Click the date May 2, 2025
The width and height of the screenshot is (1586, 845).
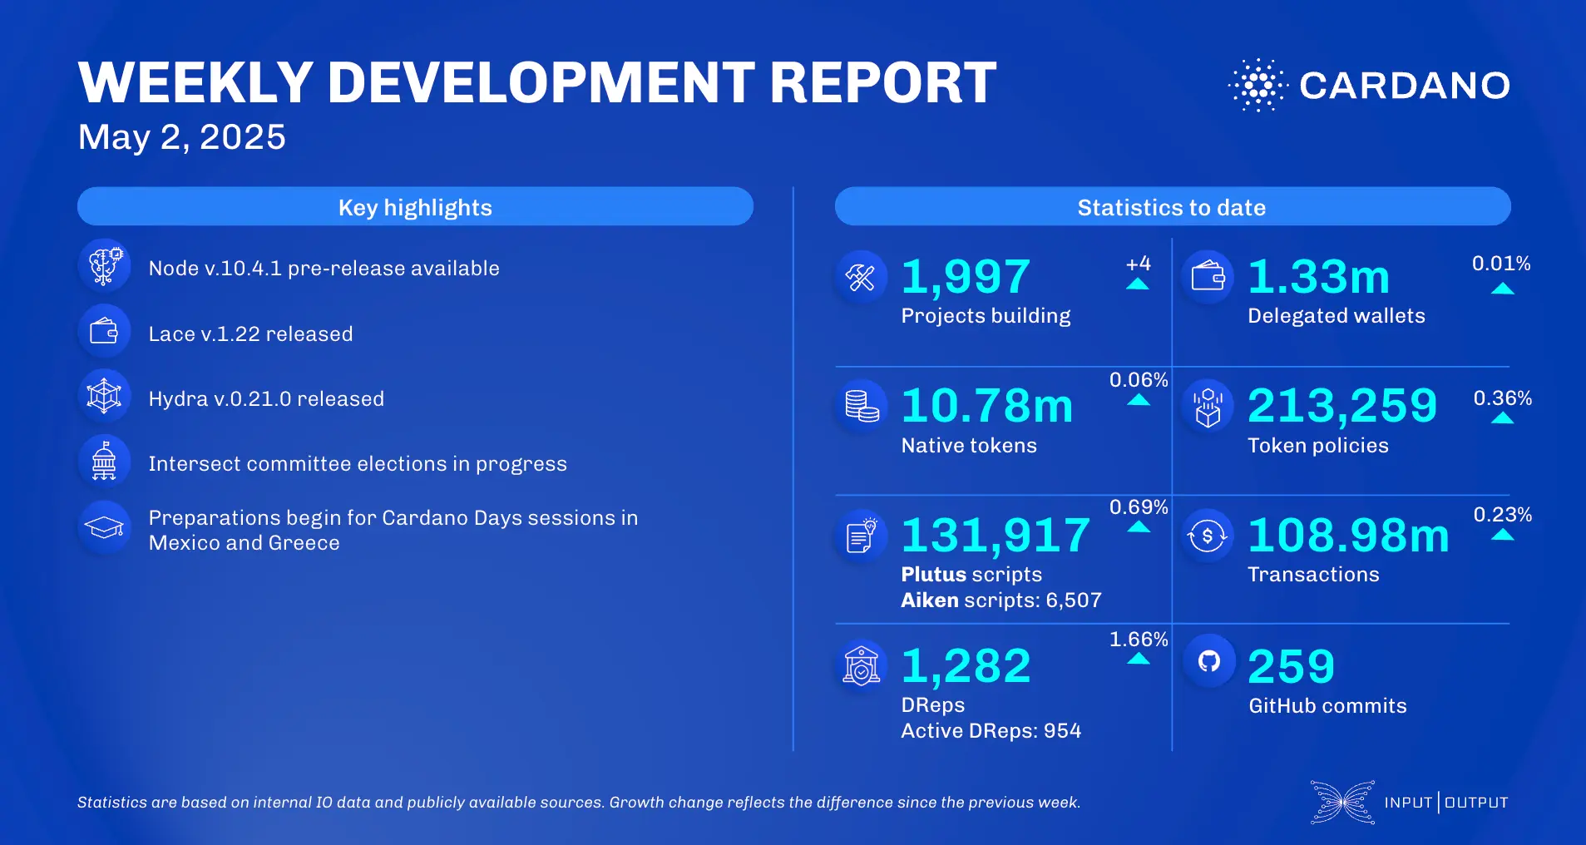point(181,137)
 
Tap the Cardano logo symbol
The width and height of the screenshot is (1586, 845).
point(1257,85)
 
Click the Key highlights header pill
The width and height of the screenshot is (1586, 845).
point(415,207)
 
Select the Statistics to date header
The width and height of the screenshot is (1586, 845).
point(1172,207)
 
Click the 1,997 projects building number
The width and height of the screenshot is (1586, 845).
point(966,277)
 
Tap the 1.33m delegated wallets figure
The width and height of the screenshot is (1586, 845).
point(1318,277)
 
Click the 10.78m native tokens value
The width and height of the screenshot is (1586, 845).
point(987,406)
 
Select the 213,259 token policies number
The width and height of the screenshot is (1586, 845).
point(1342,406)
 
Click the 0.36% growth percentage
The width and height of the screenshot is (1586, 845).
point(1502,398)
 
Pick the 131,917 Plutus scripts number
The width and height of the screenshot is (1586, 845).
point(996,535)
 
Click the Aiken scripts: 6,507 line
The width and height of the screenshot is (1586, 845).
point(1001,600)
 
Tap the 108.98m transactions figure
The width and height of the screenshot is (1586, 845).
point(1348,535)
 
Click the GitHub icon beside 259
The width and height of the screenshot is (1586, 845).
point(1208,661)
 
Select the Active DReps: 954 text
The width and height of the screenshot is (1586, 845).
point(991,731)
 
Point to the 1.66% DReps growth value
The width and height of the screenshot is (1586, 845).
point(1139,640)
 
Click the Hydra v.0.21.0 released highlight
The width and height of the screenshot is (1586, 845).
point(266,399)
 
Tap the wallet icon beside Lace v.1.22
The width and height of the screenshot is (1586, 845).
point(104,332)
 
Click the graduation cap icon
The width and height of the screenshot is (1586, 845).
point(104,527)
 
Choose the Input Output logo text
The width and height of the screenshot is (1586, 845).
point(1445,803)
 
